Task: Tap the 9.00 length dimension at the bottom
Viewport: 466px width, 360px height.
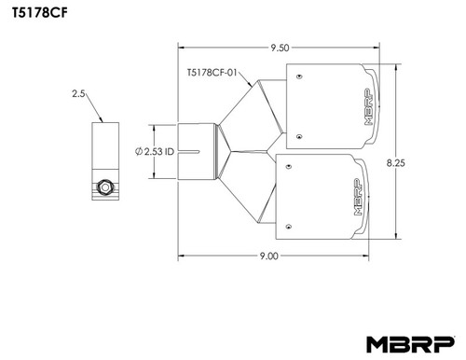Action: [x=270, y=257]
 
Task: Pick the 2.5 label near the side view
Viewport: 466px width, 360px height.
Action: [x=77, y=93]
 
